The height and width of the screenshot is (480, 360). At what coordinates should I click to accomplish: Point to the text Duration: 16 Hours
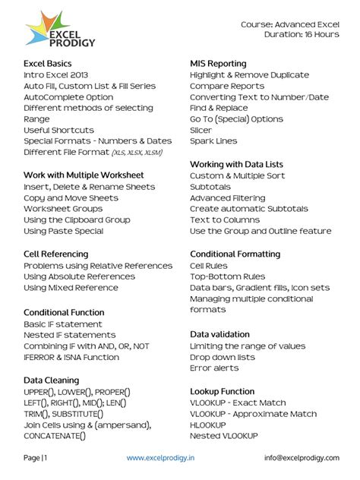click(x=302, y=34)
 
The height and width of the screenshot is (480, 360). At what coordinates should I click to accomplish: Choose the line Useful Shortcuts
click(x=59, y=130)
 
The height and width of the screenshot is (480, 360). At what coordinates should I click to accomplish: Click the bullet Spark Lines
click(x=213, y=141)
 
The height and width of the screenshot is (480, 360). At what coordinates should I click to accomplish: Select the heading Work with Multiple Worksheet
click(x=84, y=175)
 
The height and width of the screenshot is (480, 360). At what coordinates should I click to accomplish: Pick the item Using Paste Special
click(x=64, y=231)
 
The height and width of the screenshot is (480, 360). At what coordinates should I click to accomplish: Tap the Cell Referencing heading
click(x=56, y=253)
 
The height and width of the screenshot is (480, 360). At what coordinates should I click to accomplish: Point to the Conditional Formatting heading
click(x=235, y=253)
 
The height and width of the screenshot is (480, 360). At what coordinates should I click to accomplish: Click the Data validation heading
click(x=219, y=334)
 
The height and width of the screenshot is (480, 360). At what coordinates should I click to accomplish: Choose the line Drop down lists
click(x=223, y=357)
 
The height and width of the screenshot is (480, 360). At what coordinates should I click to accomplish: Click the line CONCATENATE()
click(x=55, y=436)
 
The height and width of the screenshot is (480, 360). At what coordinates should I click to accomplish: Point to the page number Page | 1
click(x=36, y=458)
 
